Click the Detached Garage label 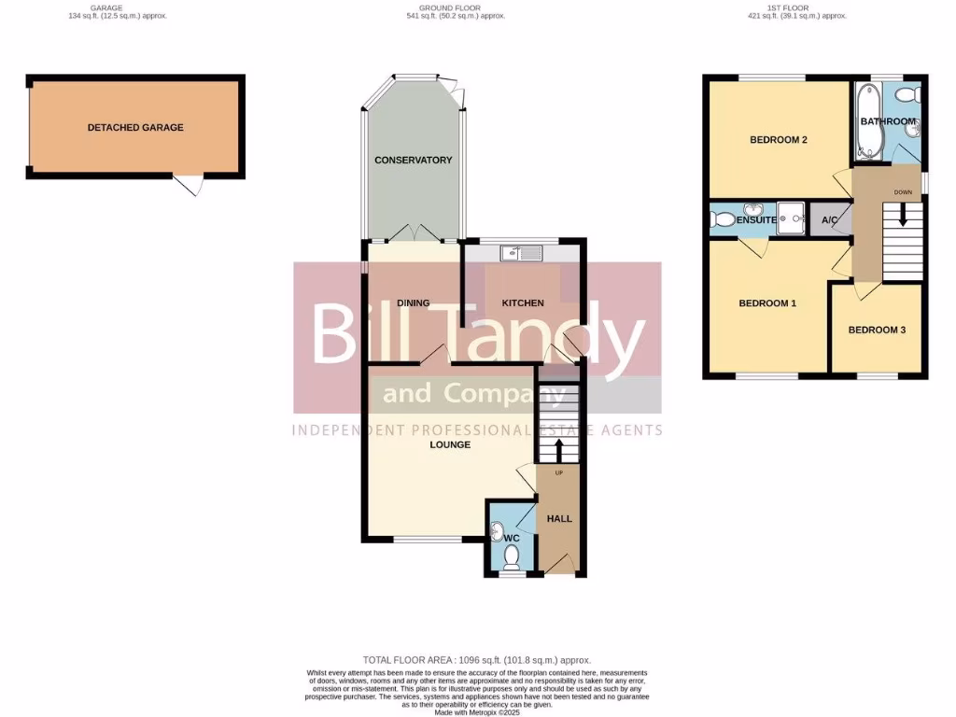[x=135, y=128]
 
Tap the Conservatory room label [x=413, y=161]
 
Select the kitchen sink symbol [x=515, y=253]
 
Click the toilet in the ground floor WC [x=511, y=556]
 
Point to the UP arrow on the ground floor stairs [x=559, y=451]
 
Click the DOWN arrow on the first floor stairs [x=902, y=215]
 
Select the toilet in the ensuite [x=721, y=220]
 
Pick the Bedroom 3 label [x=877, y=330]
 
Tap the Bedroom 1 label [x=767, y=303]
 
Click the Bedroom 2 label [x=779, y=141]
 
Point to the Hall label [x=559, y=519]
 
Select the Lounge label [x=450, y=445]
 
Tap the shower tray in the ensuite [x=792, y=218]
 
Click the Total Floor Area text [x=477, y=660]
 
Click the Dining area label [x=413, y=303]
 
